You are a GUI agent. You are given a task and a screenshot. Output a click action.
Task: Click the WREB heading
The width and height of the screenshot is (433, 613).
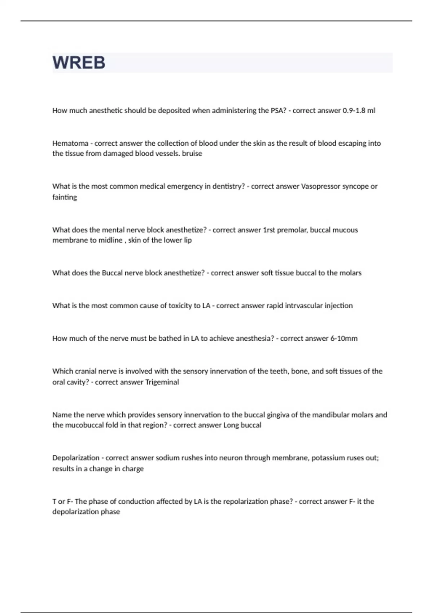79,63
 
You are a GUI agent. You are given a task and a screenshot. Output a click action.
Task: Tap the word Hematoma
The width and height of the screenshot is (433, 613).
70,144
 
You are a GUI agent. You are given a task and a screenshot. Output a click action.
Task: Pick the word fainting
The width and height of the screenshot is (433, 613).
65,197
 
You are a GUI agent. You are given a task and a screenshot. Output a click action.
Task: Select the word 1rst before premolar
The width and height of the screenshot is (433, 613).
269,230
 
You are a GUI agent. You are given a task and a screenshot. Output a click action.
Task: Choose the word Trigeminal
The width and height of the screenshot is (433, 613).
162,382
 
